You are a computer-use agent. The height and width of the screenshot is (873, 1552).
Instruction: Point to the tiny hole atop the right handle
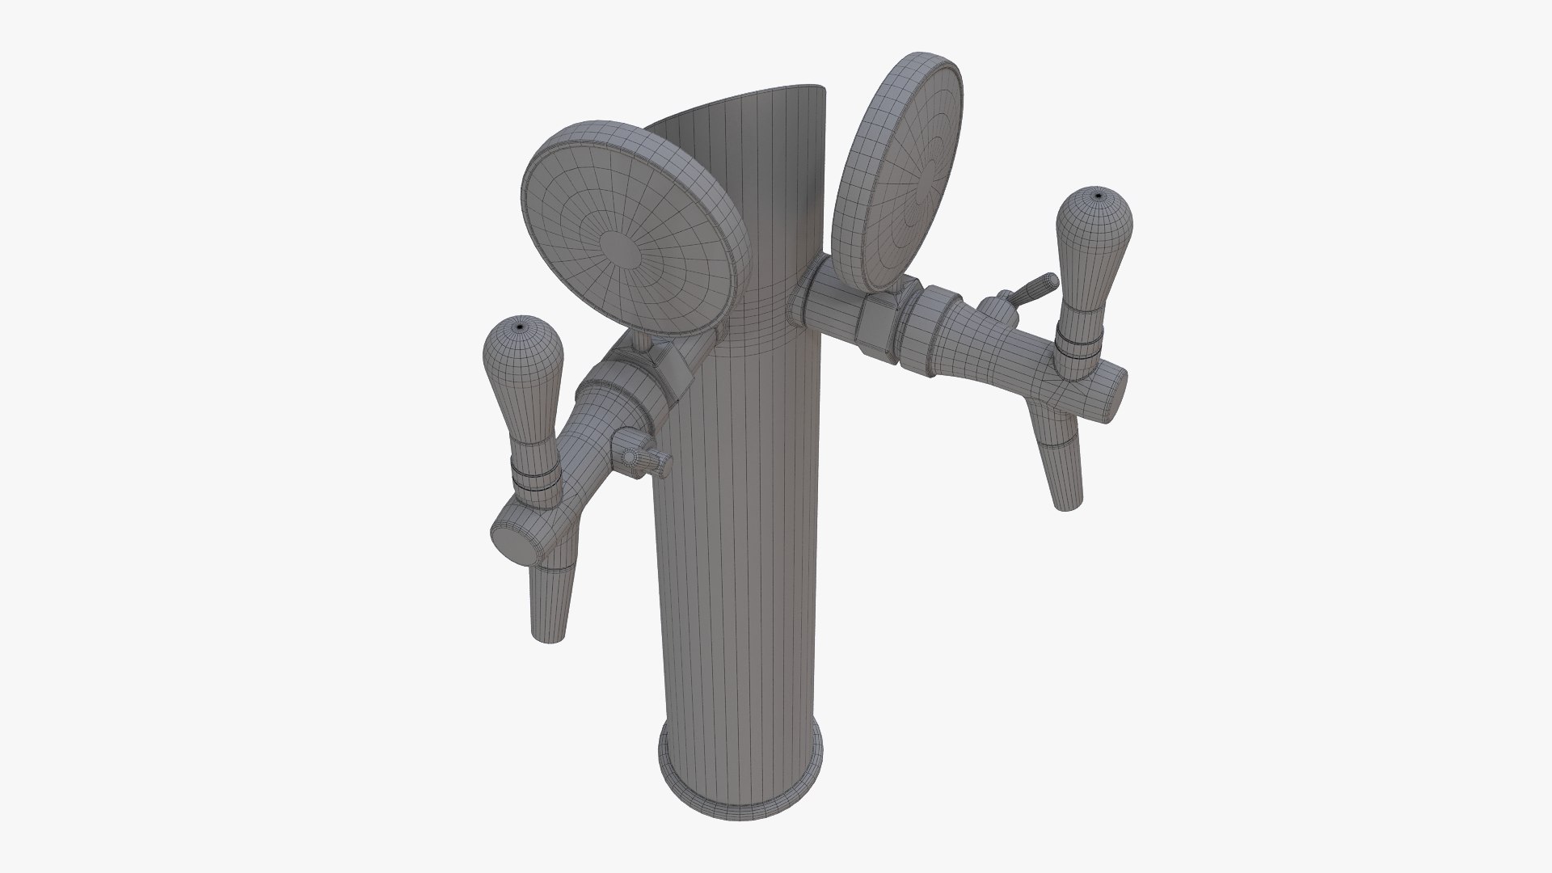[x=1098, y=195]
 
